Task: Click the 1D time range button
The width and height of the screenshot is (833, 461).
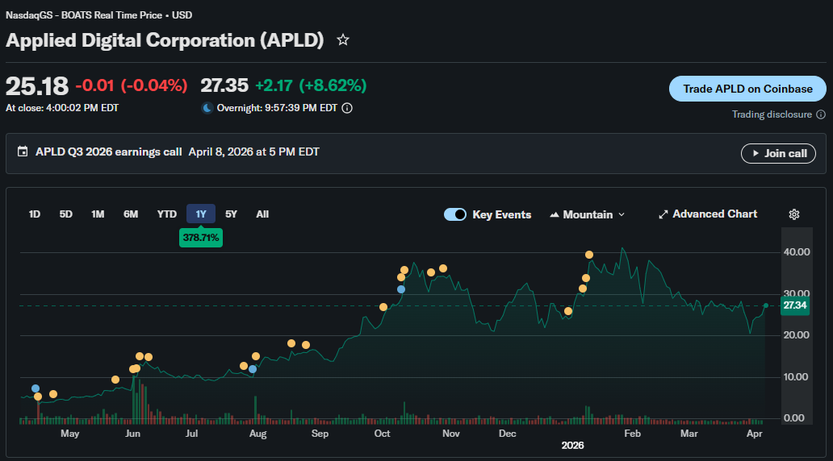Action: pos(35,214)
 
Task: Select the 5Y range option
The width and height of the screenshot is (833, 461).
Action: pos(231,214)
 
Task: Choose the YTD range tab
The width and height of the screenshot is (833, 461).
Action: pos(166,214)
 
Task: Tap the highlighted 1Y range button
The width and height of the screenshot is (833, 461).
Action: pos(201,214)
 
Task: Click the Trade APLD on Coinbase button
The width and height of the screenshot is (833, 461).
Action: pos(747,89)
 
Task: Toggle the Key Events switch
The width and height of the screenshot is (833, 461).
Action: pos(455,214)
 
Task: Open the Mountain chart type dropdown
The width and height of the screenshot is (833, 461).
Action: pos(588,214)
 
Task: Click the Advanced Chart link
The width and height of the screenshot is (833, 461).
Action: pos(708,214)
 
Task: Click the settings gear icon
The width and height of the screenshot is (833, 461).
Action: pos(794,214)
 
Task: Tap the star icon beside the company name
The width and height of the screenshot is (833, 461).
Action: pos(343,39)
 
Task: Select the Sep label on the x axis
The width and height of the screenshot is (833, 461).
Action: pos(320,434)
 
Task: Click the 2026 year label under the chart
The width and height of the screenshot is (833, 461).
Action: pos(572,446)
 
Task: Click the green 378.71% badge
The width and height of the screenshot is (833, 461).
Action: pos(201,239)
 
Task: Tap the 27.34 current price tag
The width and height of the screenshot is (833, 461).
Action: pos(794,305)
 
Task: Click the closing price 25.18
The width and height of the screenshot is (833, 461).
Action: pos(37,86)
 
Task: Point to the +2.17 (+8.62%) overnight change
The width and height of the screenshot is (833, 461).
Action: pos(311,85)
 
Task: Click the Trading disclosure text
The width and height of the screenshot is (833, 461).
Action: pos(772,114)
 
